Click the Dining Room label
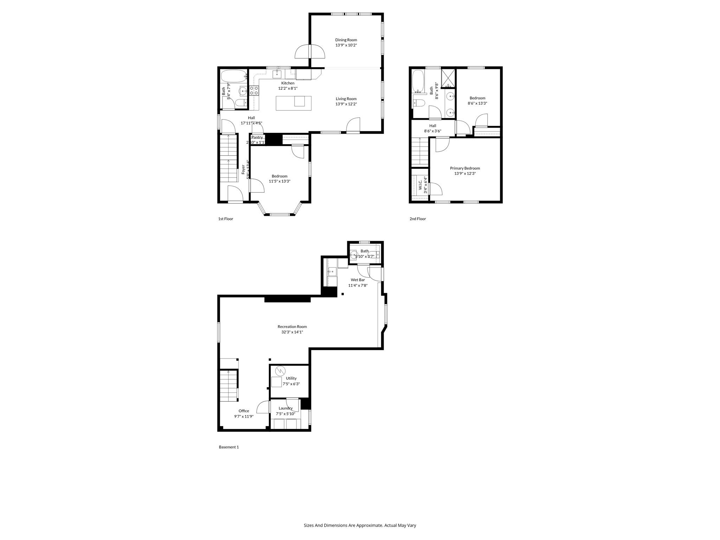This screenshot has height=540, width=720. tap(346, 40)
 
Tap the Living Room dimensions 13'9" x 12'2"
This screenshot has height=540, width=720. tap(346, 104)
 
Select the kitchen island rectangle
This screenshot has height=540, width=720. tap(293, 103)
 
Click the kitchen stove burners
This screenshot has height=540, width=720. tap(254, 90)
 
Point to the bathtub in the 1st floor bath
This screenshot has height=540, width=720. tap(234, 75)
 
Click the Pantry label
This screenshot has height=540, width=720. tap(257, 137)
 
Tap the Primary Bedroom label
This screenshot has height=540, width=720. tap(465, 168)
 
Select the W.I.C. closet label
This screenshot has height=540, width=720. tap(420, 185)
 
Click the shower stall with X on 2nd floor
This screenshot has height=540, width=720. tap(448, 78)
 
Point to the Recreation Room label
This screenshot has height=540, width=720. tap(292, 327)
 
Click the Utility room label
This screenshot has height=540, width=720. tap(291, 378)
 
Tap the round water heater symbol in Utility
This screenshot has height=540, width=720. tap(280, 371)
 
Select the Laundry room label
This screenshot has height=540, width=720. tap(285, 408)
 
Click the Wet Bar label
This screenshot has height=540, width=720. tap(358, 280)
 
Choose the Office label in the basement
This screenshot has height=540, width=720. tap(244, 411)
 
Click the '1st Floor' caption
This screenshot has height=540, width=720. tap(225, 219)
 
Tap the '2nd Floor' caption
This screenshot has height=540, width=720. tap(417, 219)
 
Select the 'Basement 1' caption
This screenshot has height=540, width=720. tap(229, 447)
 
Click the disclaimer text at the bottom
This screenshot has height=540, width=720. tap(360, 525)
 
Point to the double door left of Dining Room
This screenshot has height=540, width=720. tap(309, 52)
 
